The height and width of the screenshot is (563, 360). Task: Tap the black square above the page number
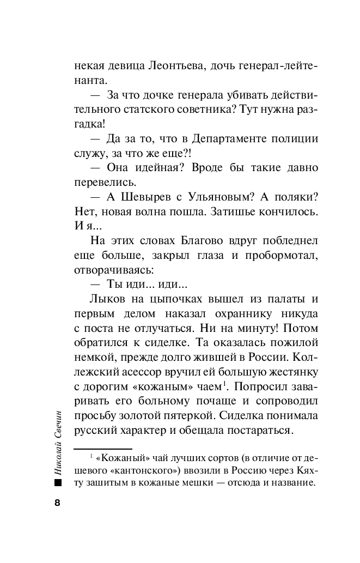pyautogui.click(x=58, y=483)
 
